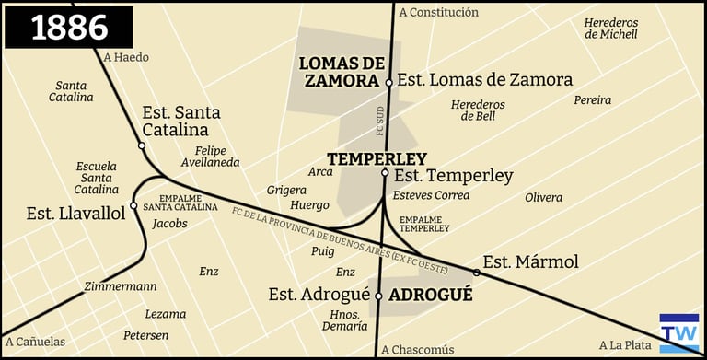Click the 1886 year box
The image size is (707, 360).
pos(69,27)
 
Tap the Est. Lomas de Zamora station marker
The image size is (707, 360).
pos(389,82)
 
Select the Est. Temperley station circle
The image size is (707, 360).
pos(386,173)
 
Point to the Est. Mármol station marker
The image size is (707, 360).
pos(477,273)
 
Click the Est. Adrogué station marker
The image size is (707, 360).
pos(378,296)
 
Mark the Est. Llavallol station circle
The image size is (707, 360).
pos(133,205)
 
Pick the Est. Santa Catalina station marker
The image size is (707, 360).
pos(142,145)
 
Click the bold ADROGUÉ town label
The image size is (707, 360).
pos(431,296)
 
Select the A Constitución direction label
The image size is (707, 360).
pos(439,12)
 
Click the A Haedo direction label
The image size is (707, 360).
pos(126,57)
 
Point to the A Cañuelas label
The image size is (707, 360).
pos(34,342)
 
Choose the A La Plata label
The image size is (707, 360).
pos(625,345)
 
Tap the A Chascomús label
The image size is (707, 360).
pos(418,349)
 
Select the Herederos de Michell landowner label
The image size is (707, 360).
pos(610,29)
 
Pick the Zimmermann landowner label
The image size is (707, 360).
pos(120,286)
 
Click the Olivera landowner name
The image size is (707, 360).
pos(543,197)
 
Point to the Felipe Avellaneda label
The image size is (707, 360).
pos(217,157)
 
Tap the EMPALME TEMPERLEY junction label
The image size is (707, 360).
pos(423,223)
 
